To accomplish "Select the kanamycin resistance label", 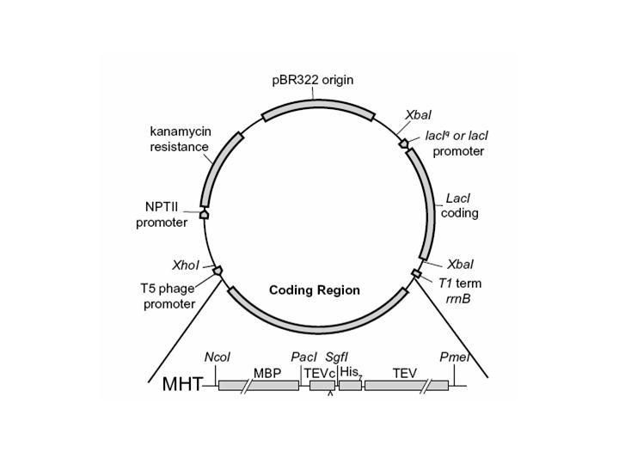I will (x=180, y=139).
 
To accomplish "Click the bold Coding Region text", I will (x=315, y=290).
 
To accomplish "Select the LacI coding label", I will (x=460, y=206).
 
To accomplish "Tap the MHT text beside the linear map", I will (x=182, y=384).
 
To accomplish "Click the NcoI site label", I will (x=218, y=357).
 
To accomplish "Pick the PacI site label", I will (x=303, y=357).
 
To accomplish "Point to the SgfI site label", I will (x=336, y=357).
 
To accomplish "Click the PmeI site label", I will (x=452, y=357).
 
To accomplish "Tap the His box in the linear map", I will (x=350, y=386).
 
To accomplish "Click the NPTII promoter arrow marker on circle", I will (x=205, y=214).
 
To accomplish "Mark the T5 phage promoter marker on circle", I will (x=218, y=271).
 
